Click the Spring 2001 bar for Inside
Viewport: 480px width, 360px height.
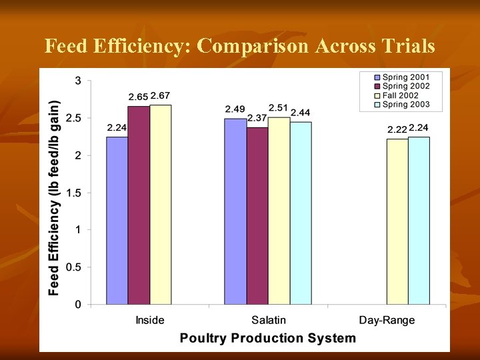tap(117, 221)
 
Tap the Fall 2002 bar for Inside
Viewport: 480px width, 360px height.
tap(161, 205)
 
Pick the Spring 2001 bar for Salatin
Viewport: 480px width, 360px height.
tap(235, 211)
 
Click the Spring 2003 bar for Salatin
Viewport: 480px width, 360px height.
tap(301, 213)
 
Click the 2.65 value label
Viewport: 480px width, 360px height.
tap(138, 98)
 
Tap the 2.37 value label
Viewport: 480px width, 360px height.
tap(257, 118)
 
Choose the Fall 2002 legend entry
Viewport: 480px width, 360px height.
tap(400, 95)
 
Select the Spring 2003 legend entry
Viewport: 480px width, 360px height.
tap(405, 104)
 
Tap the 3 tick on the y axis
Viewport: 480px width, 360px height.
tap(78, 81)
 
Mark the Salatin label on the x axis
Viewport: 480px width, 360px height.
tap(268, 320)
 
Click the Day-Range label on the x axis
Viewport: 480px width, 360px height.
tap(387, 320)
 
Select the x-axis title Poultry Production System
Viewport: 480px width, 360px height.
tap(267, 338)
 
